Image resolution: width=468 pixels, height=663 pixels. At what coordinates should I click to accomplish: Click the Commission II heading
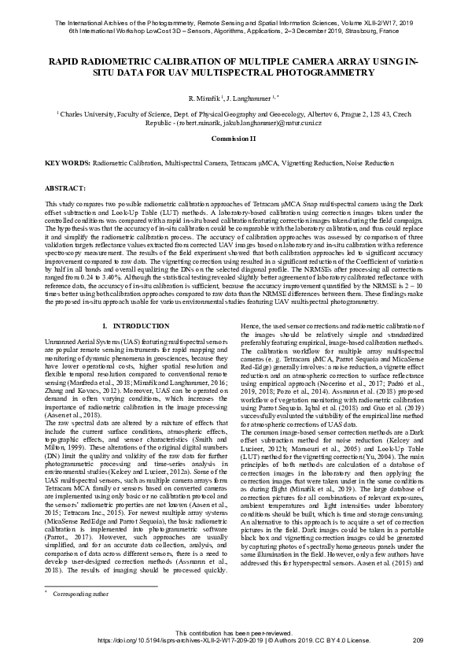[x=234, y=138]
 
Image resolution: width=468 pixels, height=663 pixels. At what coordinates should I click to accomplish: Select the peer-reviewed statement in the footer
[x=234, y=634]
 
